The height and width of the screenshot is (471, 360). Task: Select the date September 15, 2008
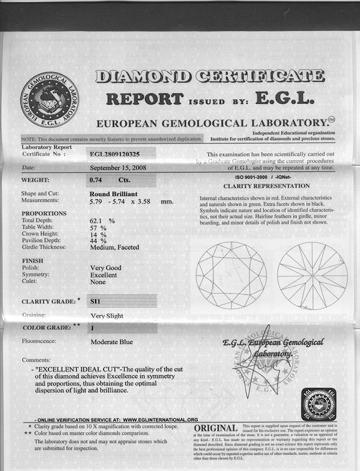coord(118,167)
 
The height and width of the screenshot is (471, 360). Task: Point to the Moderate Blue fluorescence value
coord(112,342)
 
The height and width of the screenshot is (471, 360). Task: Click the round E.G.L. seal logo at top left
coord(50,100)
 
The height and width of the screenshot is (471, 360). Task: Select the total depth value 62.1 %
coord(103,220)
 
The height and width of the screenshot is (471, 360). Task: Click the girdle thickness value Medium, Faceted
coord(114,247)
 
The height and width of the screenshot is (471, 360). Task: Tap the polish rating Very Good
coord(105,268)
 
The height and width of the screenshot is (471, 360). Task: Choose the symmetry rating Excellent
coord(103,275)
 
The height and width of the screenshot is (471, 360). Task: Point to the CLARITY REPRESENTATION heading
coord(266,186)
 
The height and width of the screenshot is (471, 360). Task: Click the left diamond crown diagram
coord(231,275)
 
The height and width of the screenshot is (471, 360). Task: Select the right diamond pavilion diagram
coord(312,275)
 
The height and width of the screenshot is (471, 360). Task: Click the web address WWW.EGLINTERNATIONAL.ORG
coord(160,419)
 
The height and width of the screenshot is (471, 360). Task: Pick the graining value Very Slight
coord(107,316)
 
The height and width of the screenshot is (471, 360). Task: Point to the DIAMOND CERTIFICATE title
coord(210,76)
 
